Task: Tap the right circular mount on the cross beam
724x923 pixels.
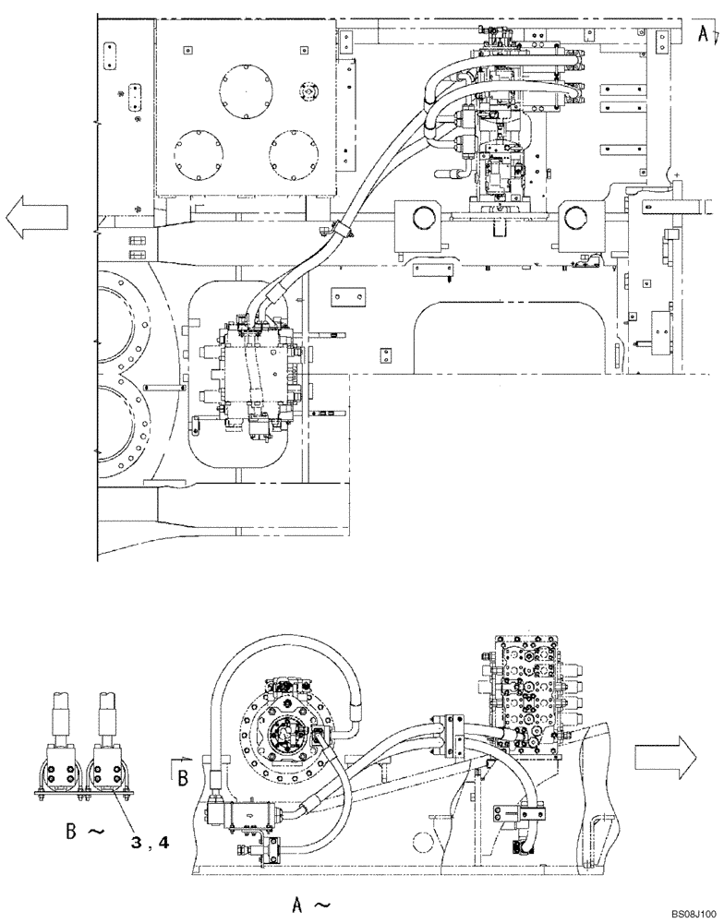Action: point(576,218)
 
